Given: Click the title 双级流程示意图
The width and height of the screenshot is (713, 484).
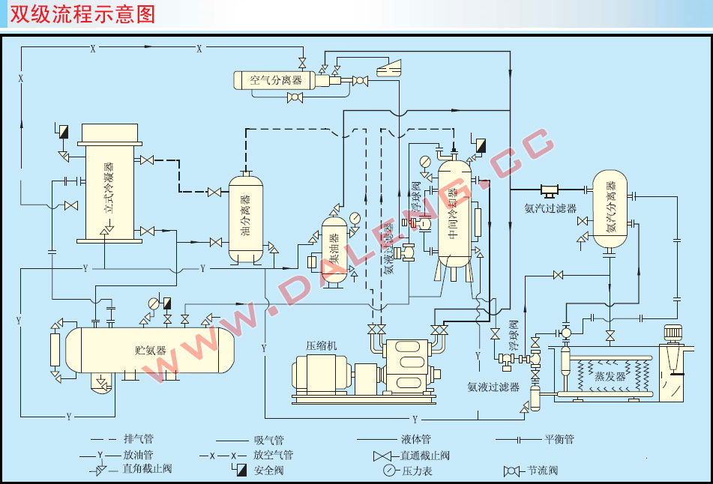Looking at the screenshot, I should (x=83, y=14).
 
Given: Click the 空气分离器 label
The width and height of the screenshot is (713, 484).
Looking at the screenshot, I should (x=275, y=79).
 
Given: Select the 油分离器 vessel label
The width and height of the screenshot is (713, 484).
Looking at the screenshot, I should (x=246, y=218).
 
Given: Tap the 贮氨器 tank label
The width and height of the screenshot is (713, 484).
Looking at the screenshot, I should (x=150, y=350).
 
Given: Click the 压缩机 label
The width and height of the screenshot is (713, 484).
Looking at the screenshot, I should (x=322, y=345).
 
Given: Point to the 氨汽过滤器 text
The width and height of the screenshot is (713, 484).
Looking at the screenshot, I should (x=550, y=208).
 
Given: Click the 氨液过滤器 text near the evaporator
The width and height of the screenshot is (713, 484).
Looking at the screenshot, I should (x=493, y=387).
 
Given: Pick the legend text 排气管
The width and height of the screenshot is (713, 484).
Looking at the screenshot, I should (x=139, y=439).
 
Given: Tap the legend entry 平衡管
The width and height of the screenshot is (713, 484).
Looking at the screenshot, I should (x=559, y=440).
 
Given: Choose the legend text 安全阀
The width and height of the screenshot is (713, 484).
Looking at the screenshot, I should (x=269, y=471).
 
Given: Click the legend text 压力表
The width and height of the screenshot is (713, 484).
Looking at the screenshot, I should (x=417, y=471).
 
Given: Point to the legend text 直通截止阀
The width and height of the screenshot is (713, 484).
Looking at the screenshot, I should (x=425, y=455).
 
